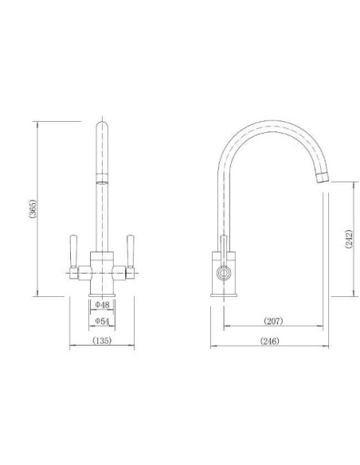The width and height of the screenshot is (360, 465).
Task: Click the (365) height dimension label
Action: [x=33, y=209]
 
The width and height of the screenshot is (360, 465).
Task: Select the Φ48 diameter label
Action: [x=102, y=305]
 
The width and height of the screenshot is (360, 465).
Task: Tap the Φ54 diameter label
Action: [x=102, y=321]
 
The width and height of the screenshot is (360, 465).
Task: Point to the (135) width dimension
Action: [x=102, y=341]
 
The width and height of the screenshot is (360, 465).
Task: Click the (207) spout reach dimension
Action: [x=273, y=321]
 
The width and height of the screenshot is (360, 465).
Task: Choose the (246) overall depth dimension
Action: [x=269, y=341]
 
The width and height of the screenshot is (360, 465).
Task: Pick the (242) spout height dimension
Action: [x=349, y=239]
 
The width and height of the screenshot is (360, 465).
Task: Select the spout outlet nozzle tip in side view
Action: [x=323, y=177]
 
